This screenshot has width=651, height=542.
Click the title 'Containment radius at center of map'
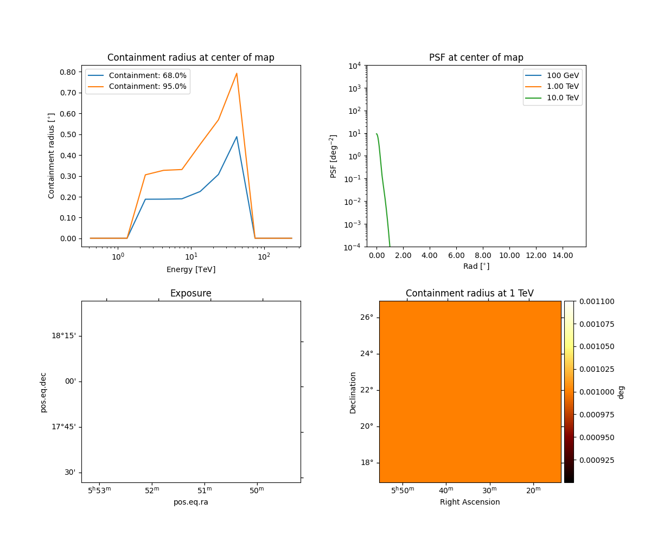(190, 57)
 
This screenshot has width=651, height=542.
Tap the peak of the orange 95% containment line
(237, 73)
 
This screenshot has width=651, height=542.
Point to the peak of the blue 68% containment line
(237, 137)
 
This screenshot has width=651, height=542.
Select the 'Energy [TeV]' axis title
(190, 269)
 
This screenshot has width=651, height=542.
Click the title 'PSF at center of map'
(476, 57)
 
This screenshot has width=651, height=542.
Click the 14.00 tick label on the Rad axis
(562, 255)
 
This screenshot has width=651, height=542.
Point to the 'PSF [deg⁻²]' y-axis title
(334, 156)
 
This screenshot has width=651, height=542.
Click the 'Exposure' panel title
(190, 293)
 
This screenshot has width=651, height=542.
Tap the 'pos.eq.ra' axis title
(190, 502)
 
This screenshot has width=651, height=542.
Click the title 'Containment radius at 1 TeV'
(469, 293)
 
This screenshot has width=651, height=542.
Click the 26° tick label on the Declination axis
(367, 317)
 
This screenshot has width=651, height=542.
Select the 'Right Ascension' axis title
(470, 502)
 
